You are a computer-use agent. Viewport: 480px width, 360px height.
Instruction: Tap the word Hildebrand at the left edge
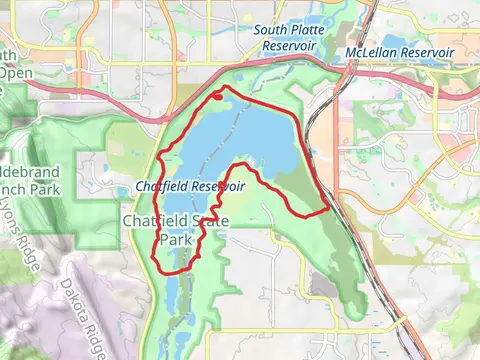pos(29,172)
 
